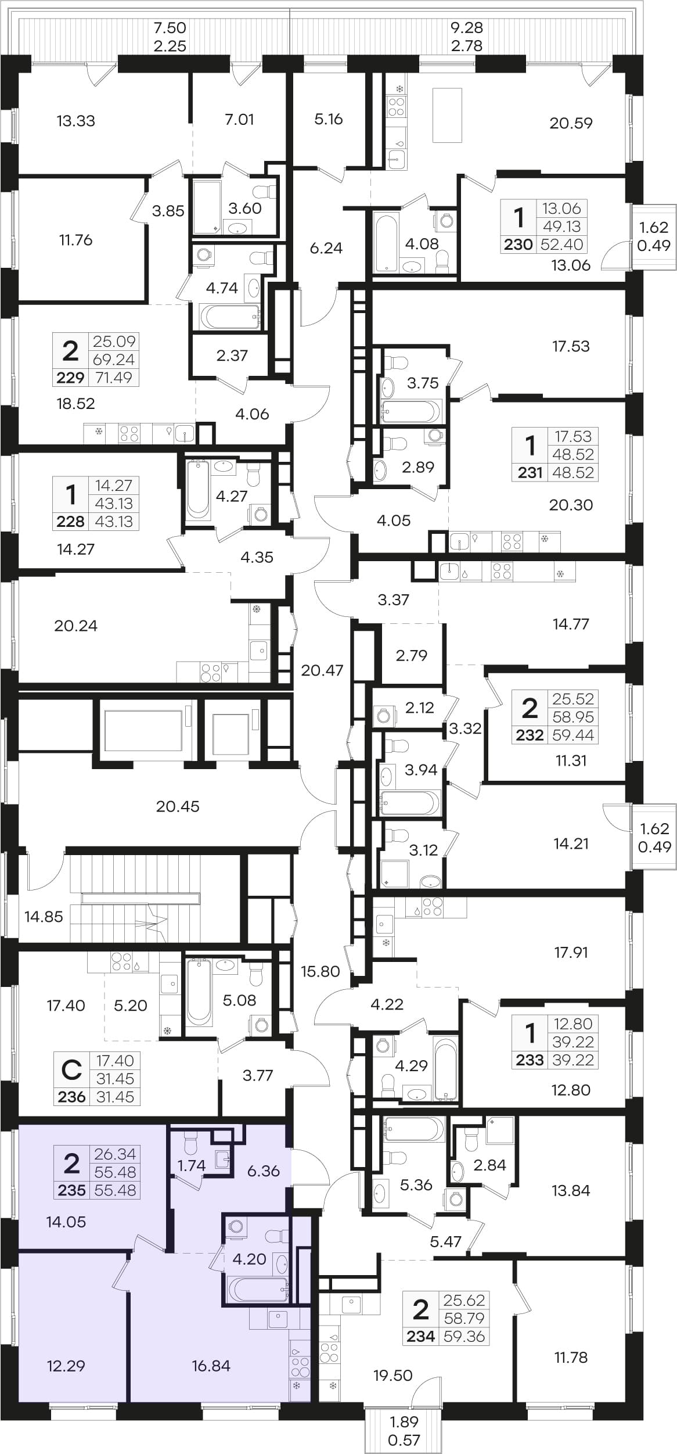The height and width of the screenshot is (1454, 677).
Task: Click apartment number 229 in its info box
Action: coord(70,378)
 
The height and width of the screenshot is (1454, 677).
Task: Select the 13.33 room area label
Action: coord(76,121)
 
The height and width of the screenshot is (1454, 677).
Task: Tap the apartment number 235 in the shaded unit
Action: coord(72,1190)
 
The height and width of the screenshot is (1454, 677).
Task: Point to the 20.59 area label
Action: coord(571,123)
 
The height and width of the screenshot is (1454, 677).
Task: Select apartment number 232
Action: coord(530,735)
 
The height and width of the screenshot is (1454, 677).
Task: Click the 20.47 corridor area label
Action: coord(322,670)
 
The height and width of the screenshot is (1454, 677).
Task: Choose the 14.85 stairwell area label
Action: coord(44,917)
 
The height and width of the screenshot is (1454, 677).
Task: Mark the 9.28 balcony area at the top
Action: coord(467,27)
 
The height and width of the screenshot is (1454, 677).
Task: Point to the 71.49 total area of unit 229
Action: coord(113,378)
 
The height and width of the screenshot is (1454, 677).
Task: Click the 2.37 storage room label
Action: coord(232,356)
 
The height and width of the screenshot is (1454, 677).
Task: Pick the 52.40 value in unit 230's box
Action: coord(561,245)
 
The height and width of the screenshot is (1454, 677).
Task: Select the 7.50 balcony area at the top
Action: coord(170,27)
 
